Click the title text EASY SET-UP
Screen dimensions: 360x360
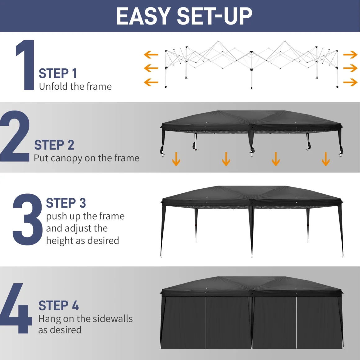pyautogui.click(x=184, y=16)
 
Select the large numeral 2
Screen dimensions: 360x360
pyautogui.click(x=15, y=136)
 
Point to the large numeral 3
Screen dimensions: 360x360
pyautogui.click(x=28, y=219)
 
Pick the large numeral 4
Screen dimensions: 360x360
pyautogui.click(x=16, y=308)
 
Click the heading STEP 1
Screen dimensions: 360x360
pyautogui.click(x=58, y=74)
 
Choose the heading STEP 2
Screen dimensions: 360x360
pyautogui.click(x=54, y=145)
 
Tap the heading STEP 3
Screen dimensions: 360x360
pyautogui.click(x=66, y=203)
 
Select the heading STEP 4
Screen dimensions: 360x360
pyautogui.click(x=59, y=306)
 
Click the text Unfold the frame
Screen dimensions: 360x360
pyautogui.click(x=75, y=87)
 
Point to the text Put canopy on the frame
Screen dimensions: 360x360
pyautogui.click(x=87, y=158)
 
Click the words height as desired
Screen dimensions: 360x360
pyautogui.click(x=83, y=241)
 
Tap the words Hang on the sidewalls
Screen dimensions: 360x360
pyautogui.click(x=85, y=319)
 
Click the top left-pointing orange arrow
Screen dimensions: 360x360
pyautogui.click(x=151, y=55)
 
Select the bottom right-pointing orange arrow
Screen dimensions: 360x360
pyautogui.click(x=350, y=82)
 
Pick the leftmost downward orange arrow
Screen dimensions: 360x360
pyautogui.click(x=176, y=159)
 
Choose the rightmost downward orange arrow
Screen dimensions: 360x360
pyautogui.click(x=326, y=159)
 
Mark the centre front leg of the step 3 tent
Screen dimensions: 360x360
pyautogui.click(x=252, y=232)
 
